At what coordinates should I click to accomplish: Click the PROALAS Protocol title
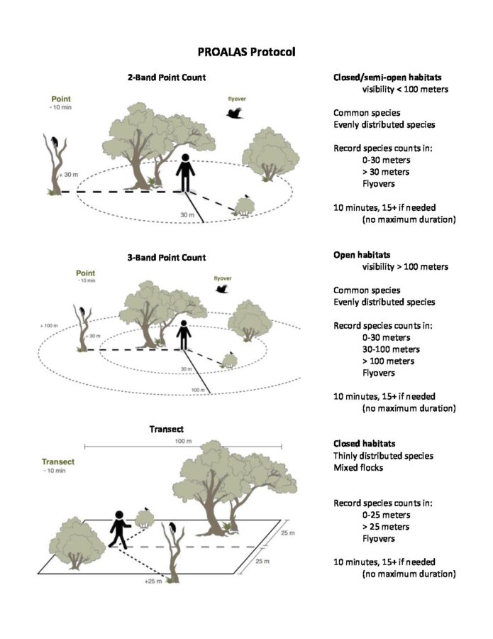coord(246,52)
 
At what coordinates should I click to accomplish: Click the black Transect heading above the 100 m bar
coord(167,429)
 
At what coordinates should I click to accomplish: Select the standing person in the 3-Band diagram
coord(184,336)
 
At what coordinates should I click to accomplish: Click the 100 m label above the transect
coord(183,442)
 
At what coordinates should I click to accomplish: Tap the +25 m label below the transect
coord(152,581)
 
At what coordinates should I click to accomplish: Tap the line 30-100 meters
coord(391,349)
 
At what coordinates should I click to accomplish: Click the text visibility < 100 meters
coord(405,89)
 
